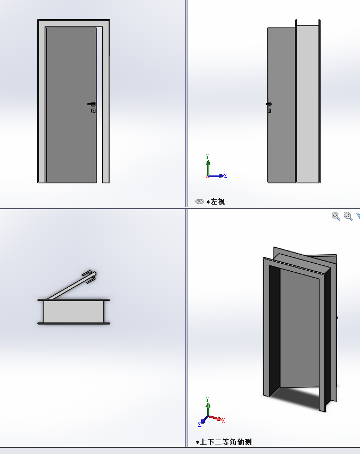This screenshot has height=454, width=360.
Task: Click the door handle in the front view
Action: point(92,104)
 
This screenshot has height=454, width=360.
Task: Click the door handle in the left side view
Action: point(268,104)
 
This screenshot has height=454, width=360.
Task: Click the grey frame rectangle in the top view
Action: point(73,312)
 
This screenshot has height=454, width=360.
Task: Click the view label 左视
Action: point(218,201)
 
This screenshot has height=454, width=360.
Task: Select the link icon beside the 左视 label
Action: point(200,201)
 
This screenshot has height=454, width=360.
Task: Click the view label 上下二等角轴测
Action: point(226,442)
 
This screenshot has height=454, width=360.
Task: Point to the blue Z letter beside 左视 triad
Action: point(226,176)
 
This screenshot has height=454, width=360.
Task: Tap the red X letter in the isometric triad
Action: point(223,420)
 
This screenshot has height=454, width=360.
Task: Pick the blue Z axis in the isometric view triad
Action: point(203,420)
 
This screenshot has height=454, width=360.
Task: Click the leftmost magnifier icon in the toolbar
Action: point(336,216)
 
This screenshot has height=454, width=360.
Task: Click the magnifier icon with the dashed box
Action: point(348,216)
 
